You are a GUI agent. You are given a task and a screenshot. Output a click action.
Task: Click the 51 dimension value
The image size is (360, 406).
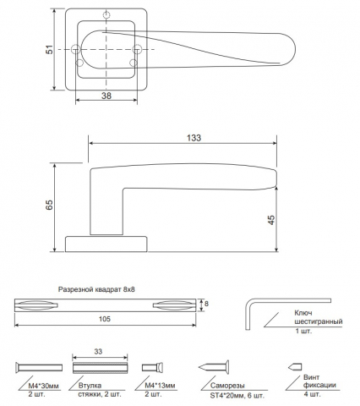50,50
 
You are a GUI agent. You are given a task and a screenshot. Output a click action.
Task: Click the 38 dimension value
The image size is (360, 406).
106,96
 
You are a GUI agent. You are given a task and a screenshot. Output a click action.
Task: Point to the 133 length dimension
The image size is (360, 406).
194,138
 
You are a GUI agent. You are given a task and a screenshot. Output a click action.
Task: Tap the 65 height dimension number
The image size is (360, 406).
50,205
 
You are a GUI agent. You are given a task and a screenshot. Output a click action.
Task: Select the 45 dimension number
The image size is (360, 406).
271,220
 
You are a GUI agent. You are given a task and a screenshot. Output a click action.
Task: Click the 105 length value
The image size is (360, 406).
105,319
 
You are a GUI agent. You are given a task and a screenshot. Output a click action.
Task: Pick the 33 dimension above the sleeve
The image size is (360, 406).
98,352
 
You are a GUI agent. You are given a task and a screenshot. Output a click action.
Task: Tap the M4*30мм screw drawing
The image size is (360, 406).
39,367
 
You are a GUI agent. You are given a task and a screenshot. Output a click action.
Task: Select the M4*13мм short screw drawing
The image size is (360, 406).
153,367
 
